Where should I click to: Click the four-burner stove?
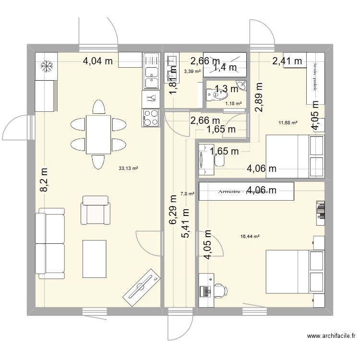pos(151,118)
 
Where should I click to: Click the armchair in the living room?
pos(96,210)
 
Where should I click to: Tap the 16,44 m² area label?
pos(250,237)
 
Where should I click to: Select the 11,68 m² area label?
pos(288,123)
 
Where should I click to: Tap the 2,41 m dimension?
pos(287,60)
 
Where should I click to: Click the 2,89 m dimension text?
pos(259,97)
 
